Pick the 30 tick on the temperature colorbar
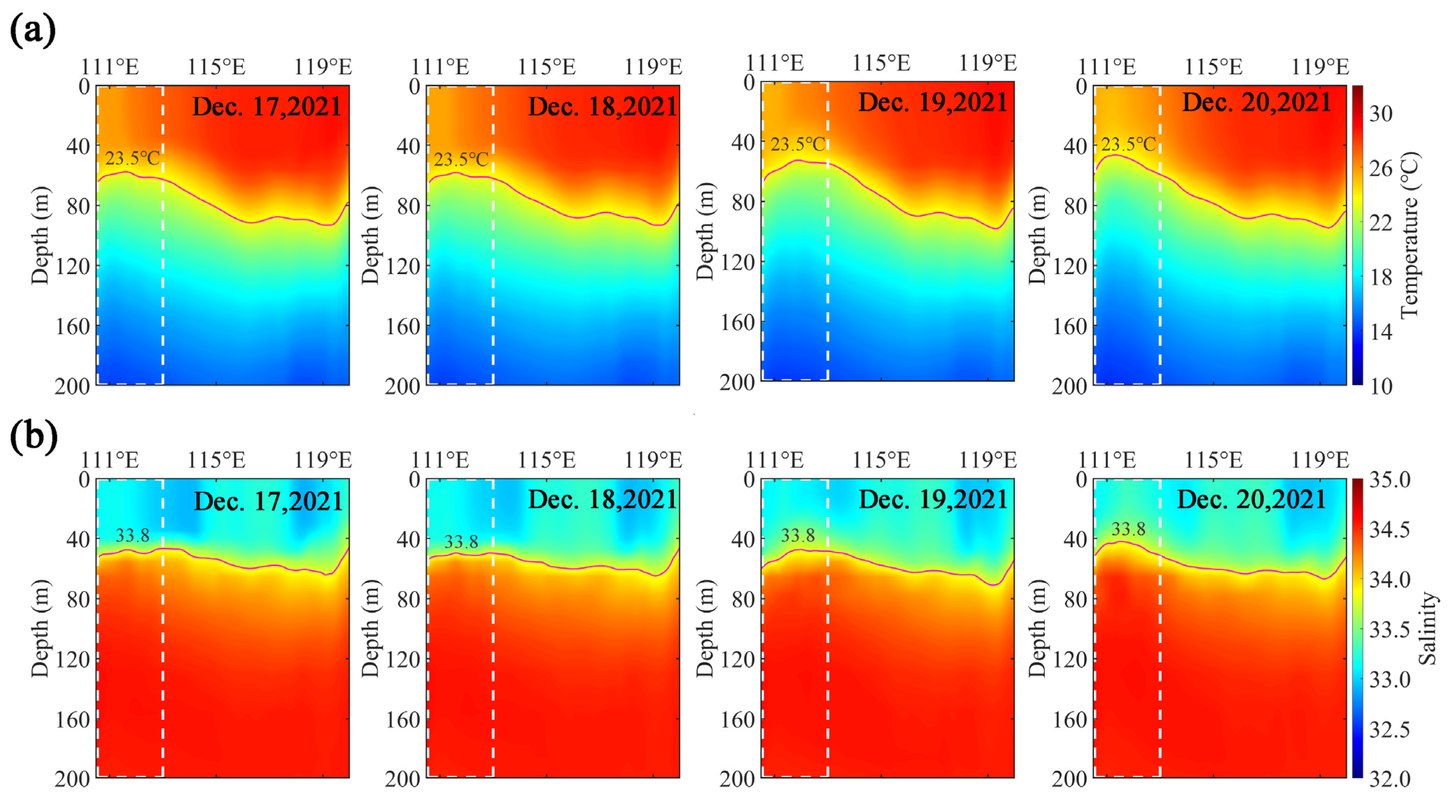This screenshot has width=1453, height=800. (1381, 114)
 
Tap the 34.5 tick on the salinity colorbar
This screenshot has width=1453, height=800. (1390, 530)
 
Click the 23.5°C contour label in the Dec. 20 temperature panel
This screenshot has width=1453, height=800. (1128, 145)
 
